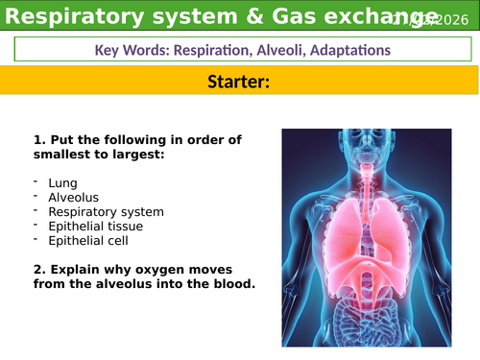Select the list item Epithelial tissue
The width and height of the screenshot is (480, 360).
pyautogui.click(x=96, y=227)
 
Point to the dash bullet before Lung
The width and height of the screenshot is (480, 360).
pyautogui.click(x=36, y=180)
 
